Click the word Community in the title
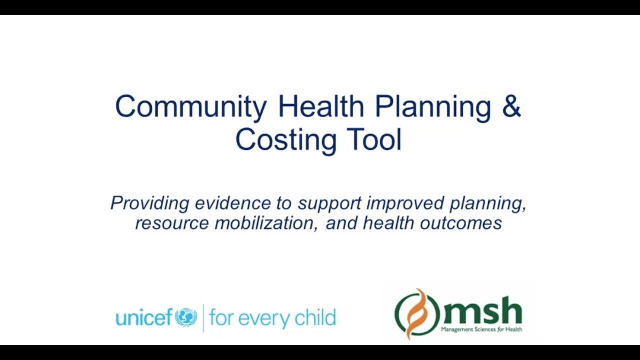click(191, 107)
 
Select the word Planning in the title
click(433, 107)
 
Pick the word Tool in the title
click(370, 140)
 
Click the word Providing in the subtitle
click(150, 203)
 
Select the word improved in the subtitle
click(405, 203)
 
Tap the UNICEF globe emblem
click(186, 317)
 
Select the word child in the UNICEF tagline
click(318, 317)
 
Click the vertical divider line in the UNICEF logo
click(203, 318)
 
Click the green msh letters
click(482, 311)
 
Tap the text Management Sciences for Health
click(481, 329)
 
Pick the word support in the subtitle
click(330, 204)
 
